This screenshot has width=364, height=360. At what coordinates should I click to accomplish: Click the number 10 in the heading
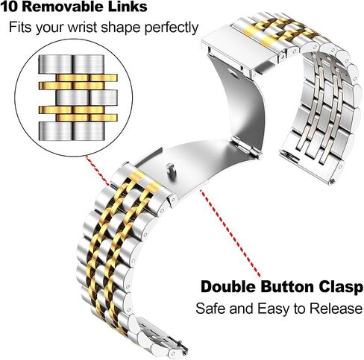coord(10,6)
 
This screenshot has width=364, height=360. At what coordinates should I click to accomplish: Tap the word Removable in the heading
coord(61,6)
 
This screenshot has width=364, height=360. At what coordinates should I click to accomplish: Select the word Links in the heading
coord(125,6)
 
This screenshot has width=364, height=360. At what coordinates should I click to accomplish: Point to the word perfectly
coord(172,28)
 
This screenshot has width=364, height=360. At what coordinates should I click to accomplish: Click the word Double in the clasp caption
coord(228,287)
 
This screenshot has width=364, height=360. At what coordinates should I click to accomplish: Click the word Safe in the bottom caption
coord(211,309)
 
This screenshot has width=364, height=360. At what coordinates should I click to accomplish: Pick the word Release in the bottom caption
coord(336,309)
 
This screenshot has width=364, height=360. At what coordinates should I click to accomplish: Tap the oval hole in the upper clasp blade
coord(233,73)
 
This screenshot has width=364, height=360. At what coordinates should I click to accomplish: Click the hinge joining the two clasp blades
coord(247,148)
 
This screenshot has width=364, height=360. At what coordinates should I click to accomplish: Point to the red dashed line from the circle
coord(98,171)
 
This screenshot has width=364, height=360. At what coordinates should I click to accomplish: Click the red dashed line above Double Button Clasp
coord(230,233)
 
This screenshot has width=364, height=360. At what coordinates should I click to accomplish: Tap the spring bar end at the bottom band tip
coord(184,353)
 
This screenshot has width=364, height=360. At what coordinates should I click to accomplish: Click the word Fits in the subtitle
coord(20,27)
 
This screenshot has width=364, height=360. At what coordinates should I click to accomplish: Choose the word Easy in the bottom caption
coord(274,309)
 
